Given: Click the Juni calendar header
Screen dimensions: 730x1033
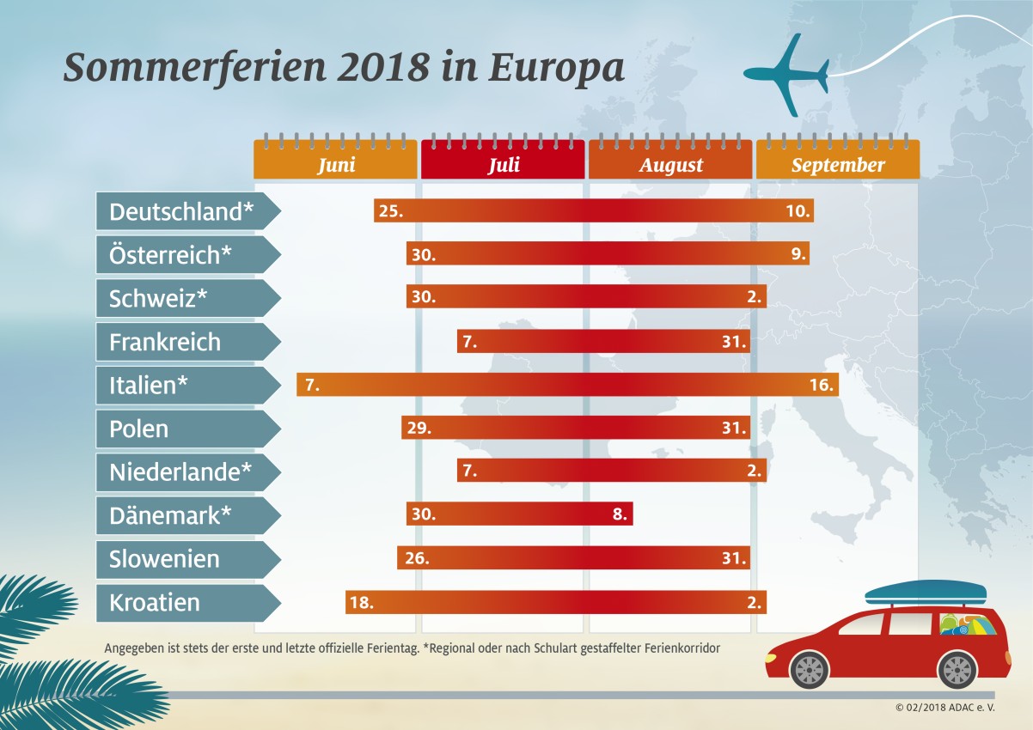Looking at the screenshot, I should (335, 163).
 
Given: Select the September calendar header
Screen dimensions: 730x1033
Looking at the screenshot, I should (838, 163).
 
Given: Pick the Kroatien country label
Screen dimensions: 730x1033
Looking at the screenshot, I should (155, 603).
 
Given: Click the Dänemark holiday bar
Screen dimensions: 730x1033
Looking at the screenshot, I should (519, 514).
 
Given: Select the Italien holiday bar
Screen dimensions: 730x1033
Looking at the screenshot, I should (567, 385).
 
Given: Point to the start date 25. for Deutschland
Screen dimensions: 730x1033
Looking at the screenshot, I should (390, 211).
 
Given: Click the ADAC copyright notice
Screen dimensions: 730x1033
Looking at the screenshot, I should (943, 708).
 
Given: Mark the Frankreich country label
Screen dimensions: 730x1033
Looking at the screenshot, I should (165, 342).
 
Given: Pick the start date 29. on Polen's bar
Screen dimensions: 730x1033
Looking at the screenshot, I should (419, 428).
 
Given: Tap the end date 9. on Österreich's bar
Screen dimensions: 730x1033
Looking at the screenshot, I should (798, 254).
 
